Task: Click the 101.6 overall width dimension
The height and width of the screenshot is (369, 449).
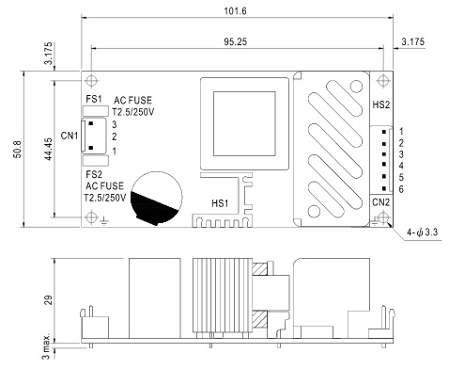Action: (x=235, y=11)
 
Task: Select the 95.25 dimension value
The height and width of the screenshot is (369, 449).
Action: (x=236, y=41)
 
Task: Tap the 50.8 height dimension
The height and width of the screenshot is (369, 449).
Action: (x=18, y=149)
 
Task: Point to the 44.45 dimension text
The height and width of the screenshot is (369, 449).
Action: (x=48, y=149)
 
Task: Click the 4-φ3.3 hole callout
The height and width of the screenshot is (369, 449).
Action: (x=422, y=233)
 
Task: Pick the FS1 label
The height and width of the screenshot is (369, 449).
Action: (x=94, y=99)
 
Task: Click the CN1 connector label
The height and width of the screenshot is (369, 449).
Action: (x=70, y=136)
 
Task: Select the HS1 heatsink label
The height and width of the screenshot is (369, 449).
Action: (x=220, y=203)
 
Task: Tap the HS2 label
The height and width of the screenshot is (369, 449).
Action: (x=381, y=104)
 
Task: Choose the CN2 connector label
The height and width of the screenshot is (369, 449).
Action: (x=380, y=202)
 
